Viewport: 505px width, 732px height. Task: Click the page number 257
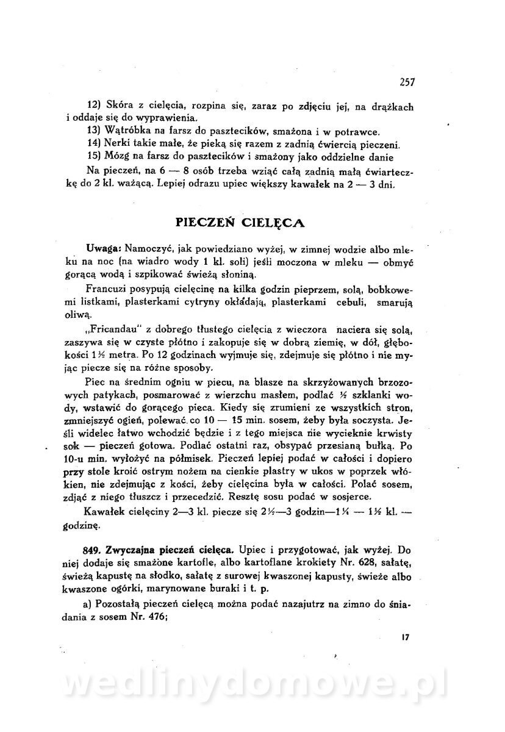coord(407,82)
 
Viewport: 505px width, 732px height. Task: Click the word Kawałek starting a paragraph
coord(106,510)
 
